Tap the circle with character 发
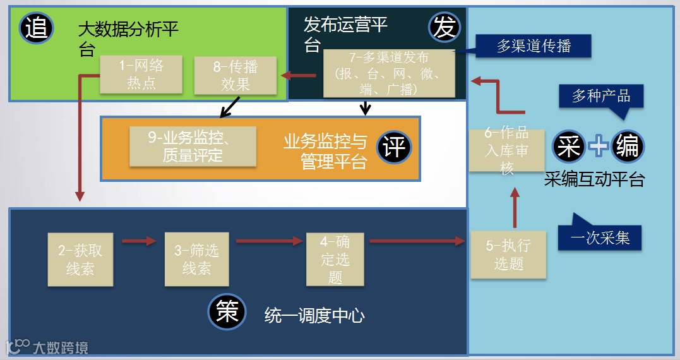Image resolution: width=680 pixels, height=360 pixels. point(445,27)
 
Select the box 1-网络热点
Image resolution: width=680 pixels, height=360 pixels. point(141,74)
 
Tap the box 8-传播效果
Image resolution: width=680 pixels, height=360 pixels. point(236,76)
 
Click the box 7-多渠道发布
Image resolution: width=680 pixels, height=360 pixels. point(389,73)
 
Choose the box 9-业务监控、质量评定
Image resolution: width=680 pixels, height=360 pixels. point(193,146)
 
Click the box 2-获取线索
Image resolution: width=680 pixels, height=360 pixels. point(80,259)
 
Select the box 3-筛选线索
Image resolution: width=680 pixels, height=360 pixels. point(196,259)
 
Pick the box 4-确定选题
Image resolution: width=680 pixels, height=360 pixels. point(335,259)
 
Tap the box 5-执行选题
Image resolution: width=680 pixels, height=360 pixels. point(508,255)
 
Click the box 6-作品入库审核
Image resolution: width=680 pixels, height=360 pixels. point(507,150)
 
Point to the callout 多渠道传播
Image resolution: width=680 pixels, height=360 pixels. point(534,46)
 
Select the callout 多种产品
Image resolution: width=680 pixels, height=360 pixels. point(601,96)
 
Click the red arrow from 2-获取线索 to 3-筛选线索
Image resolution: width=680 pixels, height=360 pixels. point(138,241)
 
